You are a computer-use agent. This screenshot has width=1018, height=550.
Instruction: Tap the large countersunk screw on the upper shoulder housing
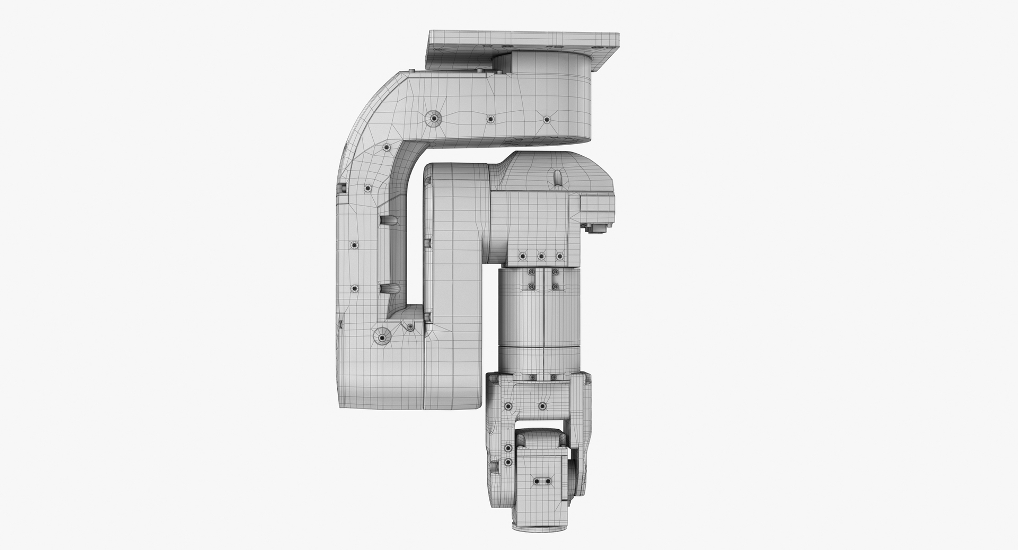434,119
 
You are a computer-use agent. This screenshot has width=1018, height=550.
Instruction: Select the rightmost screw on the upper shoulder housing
547,119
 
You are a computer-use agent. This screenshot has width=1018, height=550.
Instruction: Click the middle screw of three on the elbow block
541,256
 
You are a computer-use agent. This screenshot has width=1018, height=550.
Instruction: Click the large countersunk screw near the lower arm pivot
381,336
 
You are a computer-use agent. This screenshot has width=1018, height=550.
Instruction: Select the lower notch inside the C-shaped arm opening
389,289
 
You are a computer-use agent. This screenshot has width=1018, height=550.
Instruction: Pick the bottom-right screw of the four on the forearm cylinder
555,286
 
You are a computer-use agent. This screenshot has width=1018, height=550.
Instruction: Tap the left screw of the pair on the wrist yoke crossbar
508,406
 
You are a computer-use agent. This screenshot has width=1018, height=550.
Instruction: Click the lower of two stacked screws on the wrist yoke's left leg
508,463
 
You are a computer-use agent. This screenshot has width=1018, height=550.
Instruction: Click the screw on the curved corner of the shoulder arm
387,147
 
